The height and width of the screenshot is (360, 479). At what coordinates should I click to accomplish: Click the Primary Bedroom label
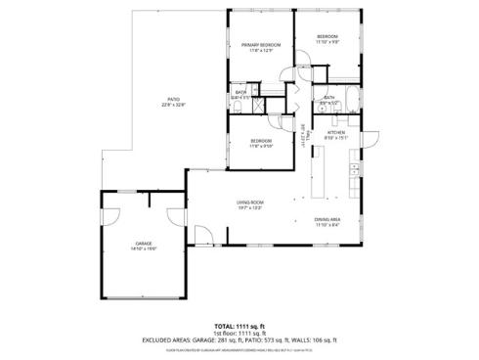pyautogui.click(x=261, y=45)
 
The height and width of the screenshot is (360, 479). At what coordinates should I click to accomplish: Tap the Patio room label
pyautogui.click(x=173, y=99)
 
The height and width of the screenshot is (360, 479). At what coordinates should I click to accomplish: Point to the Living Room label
pyautogui.click(x=249, y=202)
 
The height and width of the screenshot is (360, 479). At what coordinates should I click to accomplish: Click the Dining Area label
pyautogui.click(x=327, y=218)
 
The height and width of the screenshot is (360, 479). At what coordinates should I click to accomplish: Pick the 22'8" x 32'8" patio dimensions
pyautogui.click(x=173, y=105)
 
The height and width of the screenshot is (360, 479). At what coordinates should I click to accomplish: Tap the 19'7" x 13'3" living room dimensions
pyautogui.click(x=249, y=207)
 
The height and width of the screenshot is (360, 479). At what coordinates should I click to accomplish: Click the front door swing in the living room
pyautogui.click(x=204, y=235)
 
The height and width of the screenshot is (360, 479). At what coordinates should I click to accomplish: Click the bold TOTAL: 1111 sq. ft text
pyautogui.click(x=239, y=326)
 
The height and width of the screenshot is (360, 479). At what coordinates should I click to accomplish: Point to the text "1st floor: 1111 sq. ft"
pyautogui.click(x=239, y=333)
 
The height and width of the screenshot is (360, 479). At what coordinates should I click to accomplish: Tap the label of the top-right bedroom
pyautogui.click(x=327, y=38)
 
